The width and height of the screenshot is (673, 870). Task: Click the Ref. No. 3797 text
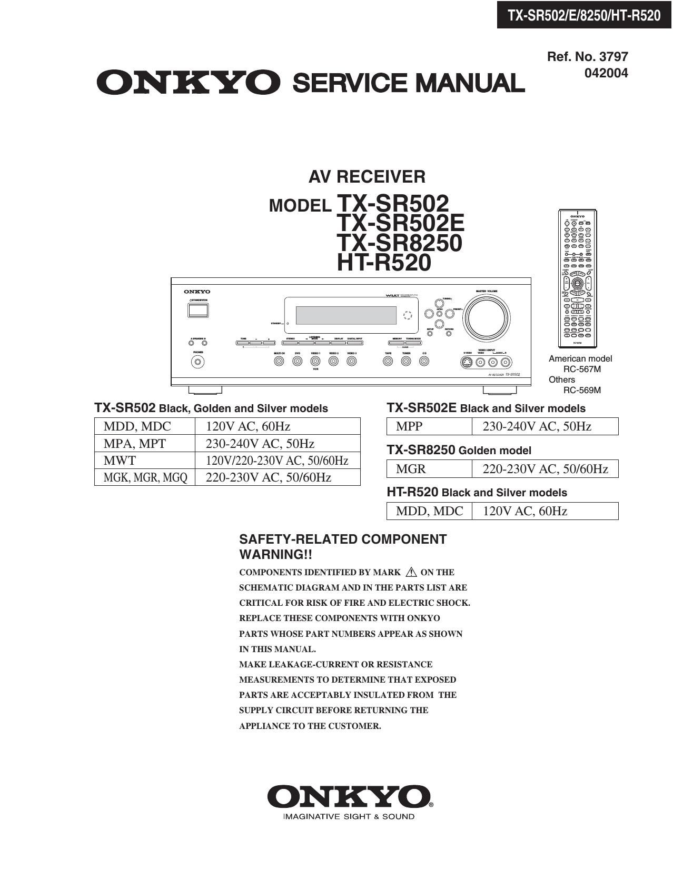587,56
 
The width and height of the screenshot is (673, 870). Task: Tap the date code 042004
606,73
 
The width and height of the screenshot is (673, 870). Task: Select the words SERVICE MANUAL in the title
408,83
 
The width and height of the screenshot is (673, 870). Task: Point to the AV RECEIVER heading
367,177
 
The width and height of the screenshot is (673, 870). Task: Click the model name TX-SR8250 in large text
399,243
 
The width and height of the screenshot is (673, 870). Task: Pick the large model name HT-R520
384,263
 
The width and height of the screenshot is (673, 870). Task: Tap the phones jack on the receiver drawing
198,362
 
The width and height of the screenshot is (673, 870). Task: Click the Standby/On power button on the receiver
197,310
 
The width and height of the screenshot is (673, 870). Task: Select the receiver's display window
346,315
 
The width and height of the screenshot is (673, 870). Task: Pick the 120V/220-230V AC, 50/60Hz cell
277,461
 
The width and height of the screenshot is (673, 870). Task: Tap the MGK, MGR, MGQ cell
145,477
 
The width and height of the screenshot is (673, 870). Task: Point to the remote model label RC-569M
582,390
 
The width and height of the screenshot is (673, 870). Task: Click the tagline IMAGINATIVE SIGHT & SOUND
349,817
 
